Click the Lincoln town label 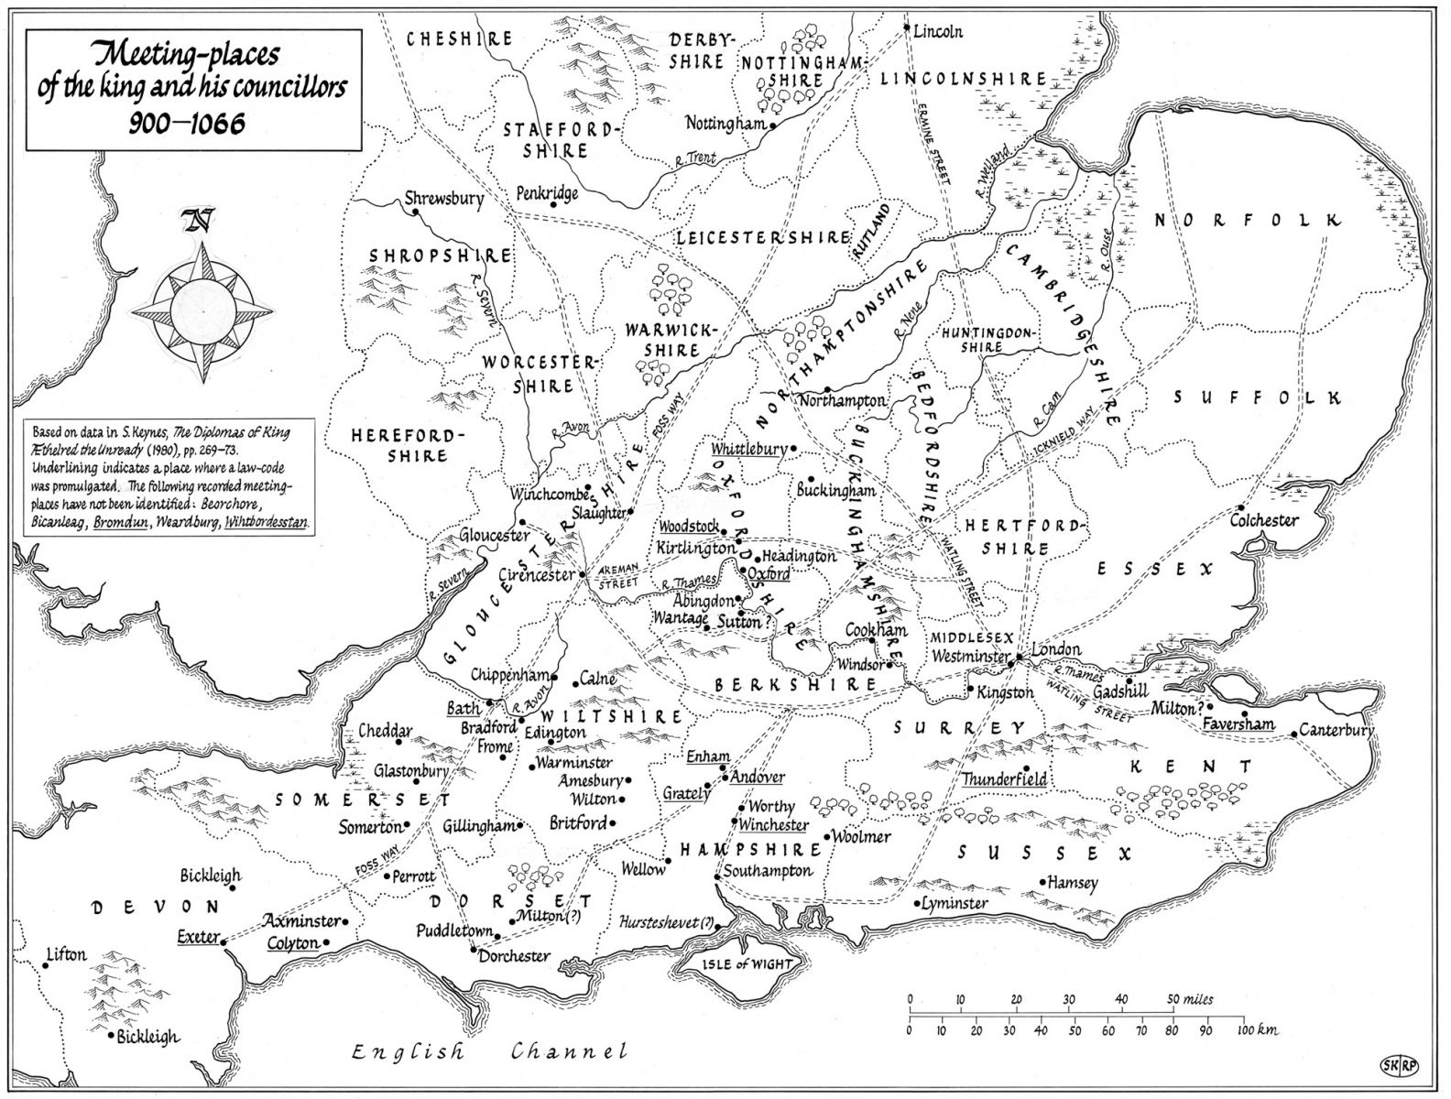coord(939,31)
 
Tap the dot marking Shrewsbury coord(415,212)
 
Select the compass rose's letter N coord(195,221)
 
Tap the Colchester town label coord(1264,520)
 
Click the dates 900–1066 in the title coord(188,122)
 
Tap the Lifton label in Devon coord(66,954)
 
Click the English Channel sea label coord(490,1052)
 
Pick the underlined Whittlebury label coord(748,450)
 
